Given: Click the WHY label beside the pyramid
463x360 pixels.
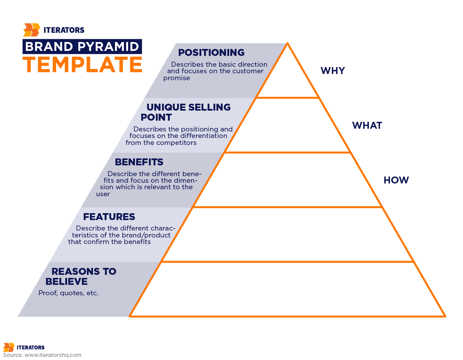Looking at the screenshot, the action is pyautogui.click(x=332, y=71).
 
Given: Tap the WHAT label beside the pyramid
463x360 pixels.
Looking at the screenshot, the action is pyautogui.click(x=367, y=125).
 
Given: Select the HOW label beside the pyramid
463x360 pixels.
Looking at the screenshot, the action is pyautogui.click(x=396, y=180).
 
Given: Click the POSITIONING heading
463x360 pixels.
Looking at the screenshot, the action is pyautogui.click(x=211, y=52).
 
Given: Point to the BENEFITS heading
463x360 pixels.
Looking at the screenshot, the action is pyautogui.click(x=139, y=162).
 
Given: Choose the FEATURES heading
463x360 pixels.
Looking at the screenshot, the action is pyautogui.click(x=109, y=217).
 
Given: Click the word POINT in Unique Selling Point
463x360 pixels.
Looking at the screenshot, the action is pyautogui.click(x=156, y=117).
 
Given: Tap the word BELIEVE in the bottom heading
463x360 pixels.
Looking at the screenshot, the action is pyautogui.click(x=66, y=281).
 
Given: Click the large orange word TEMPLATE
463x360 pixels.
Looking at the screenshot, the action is pyautogui.click(x=82, y=64).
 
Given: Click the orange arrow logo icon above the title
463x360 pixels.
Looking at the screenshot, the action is pyautogui.click(x=32, y=30).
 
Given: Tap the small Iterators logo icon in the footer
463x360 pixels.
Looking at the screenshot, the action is pyautogui.click(x=9, y=347).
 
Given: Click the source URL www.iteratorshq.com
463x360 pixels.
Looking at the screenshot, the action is pyautogui.click(x=53, y=355).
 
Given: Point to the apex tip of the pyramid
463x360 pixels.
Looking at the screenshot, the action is pyautogui.click(x=287, y=44).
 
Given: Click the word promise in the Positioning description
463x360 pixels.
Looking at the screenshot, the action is pyautogui.click(x=176, y=78).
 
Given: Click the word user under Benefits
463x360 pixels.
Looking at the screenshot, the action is pyautogui.click(x=103, y=194).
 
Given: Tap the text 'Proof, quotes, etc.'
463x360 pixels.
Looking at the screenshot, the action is pyautogui.click(x=68, y=293).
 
